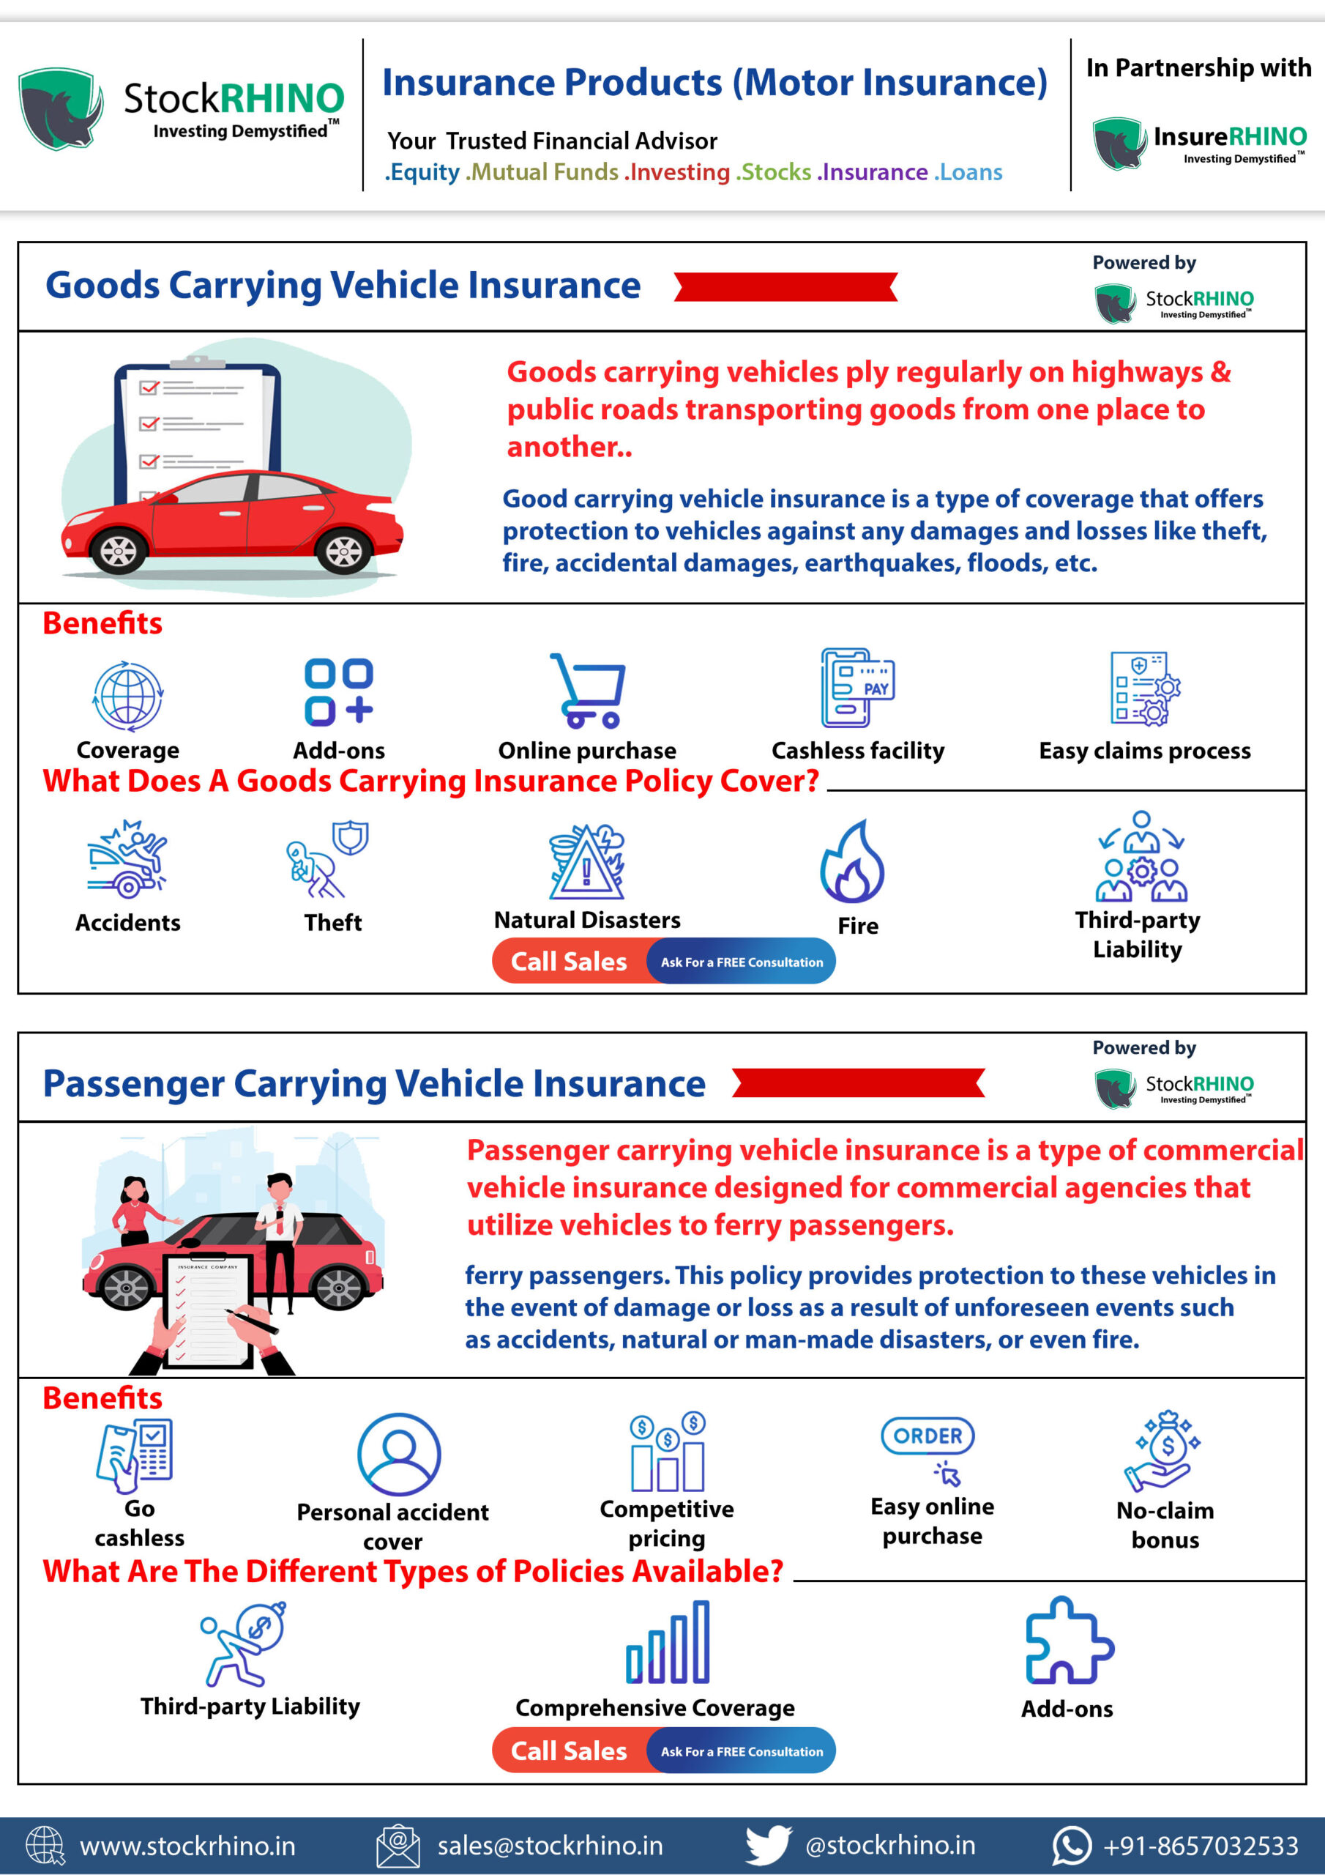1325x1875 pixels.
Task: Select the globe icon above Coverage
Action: [x=128, y=696]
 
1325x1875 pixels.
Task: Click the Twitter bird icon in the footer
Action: [x=767, y=1845]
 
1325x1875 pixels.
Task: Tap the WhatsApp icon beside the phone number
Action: [x=1072, y=1846]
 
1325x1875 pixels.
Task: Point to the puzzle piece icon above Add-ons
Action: [x=1068, y=1641]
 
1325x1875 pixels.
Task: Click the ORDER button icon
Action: [x=927, y=1436]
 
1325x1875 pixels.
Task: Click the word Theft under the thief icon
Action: [x=333, y=923]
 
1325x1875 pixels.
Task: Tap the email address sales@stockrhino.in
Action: [x=550, y=1846]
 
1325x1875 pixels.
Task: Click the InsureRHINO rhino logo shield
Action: [x=1119, y=143]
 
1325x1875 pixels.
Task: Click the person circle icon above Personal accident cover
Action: [x=399, y=1455]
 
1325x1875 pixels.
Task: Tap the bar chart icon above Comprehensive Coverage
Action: [x=668, y=1642]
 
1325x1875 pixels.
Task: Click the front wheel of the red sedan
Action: [x=119, y=550]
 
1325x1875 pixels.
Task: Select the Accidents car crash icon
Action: [x=127, y=859]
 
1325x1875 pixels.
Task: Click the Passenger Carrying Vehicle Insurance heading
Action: [x=374, y=1084]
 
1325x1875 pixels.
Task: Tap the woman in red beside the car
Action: [x=134, y=1209]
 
